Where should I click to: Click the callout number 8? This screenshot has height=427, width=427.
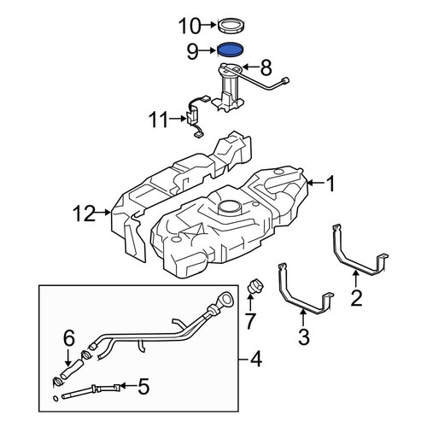pos(266,67)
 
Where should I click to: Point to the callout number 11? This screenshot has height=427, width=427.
pos(159,120)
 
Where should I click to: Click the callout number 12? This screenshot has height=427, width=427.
pos(84,213)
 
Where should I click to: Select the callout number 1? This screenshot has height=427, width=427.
pos(330,184)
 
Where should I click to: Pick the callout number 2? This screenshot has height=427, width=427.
pos(356,298)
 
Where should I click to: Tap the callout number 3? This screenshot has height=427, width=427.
pos(303,337)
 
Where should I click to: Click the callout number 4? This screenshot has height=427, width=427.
pos(255,360)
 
